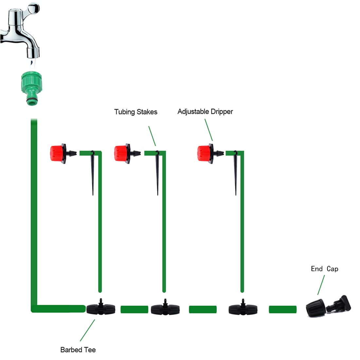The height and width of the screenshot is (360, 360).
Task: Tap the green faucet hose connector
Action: (x=32, y=88)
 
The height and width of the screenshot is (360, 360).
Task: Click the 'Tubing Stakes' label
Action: (x=136, y=112)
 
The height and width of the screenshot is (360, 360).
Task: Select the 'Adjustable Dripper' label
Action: (x=205, y=112)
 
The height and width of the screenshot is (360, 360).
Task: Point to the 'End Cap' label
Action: (x=324, y=269)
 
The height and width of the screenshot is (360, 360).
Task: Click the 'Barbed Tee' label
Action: (x=78, y=350)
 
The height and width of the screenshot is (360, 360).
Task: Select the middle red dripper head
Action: (x=122, y=153)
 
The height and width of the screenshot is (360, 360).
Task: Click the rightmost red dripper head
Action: (x=205, y=153)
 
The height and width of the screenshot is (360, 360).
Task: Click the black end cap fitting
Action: (x=328, y=307)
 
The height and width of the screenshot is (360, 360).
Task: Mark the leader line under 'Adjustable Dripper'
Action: (x=209, y=130)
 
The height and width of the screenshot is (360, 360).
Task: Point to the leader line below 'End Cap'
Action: (x=321, y=285)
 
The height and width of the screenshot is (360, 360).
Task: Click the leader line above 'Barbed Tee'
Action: (x=87, y=331)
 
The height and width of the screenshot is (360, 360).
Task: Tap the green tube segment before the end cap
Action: (x=283, y=310)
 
